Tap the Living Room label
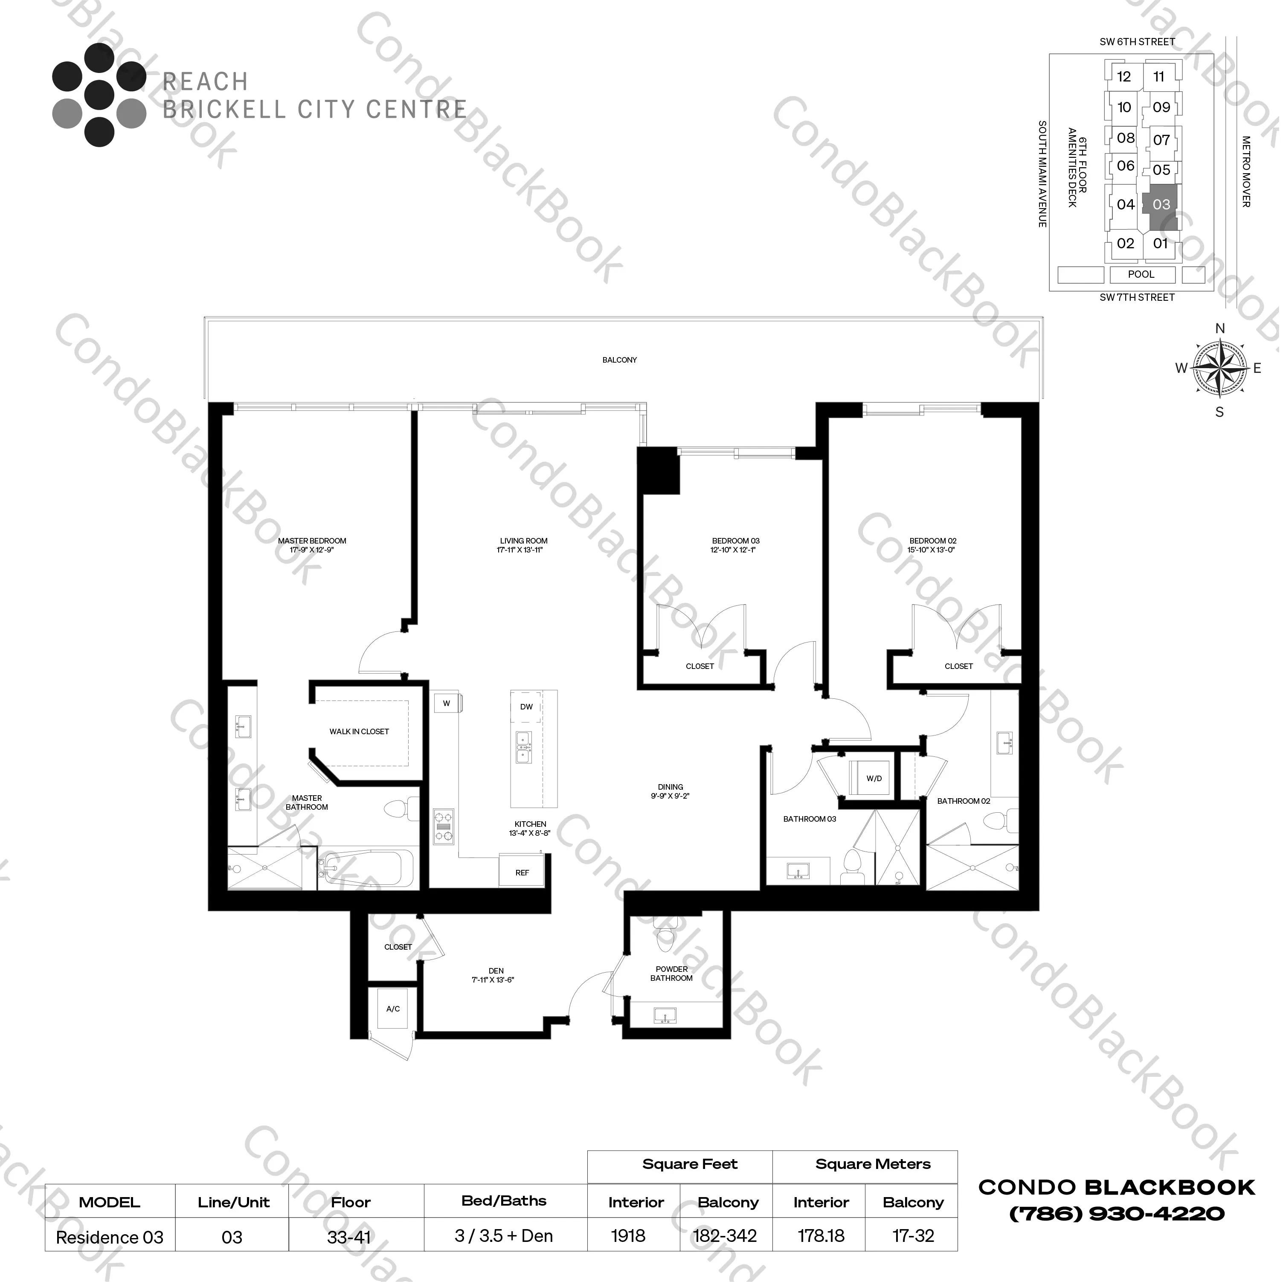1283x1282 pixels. (523, 541)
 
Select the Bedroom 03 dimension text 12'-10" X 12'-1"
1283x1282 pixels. (733, 550)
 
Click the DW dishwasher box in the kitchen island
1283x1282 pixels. (526, 707)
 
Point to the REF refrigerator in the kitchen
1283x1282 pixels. (522, 872)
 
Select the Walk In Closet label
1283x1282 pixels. (359, 731)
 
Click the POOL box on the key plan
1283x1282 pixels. (1141, 274)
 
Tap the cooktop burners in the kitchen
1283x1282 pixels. (444, 826)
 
